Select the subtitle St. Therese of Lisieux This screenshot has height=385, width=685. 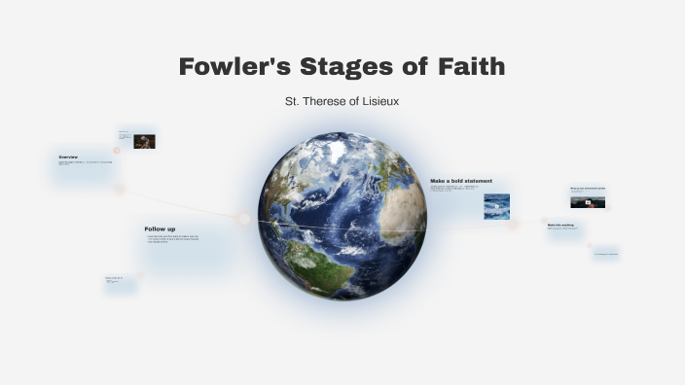pyautogui.click(x=342, y=101)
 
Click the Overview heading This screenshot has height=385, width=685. pyautogui.click(x=68, y=157)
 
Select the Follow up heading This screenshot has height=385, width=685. pyautogui.click(x=160, y=228)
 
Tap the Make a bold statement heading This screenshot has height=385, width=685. pyautogui.click(x=461, y=181)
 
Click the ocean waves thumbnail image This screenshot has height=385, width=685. pyautogui.click(x=496, y=206)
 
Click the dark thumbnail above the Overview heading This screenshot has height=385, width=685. pyautogui.click(x=144, y=141)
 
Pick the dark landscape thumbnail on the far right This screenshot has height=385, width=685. pyautogui.click(x=588, y=202)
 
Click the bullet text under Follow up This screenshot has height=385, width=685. pyautogui.click(x=172, y=238)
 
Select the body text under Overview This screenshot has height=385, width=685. pyautogui.click(x=85, y=163)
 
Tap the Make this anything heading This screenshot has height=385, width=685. pyautogui.click(x=560, y=225)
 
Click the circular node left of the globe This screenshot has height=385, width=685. pyautogui.click(x=243, y=218)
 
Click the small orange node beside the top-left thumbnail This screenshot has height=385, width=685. pyautogui.click(x=117, y=150)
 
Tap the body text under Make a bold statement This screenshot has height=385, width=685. pyautogui.click(x=453, y=189)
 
